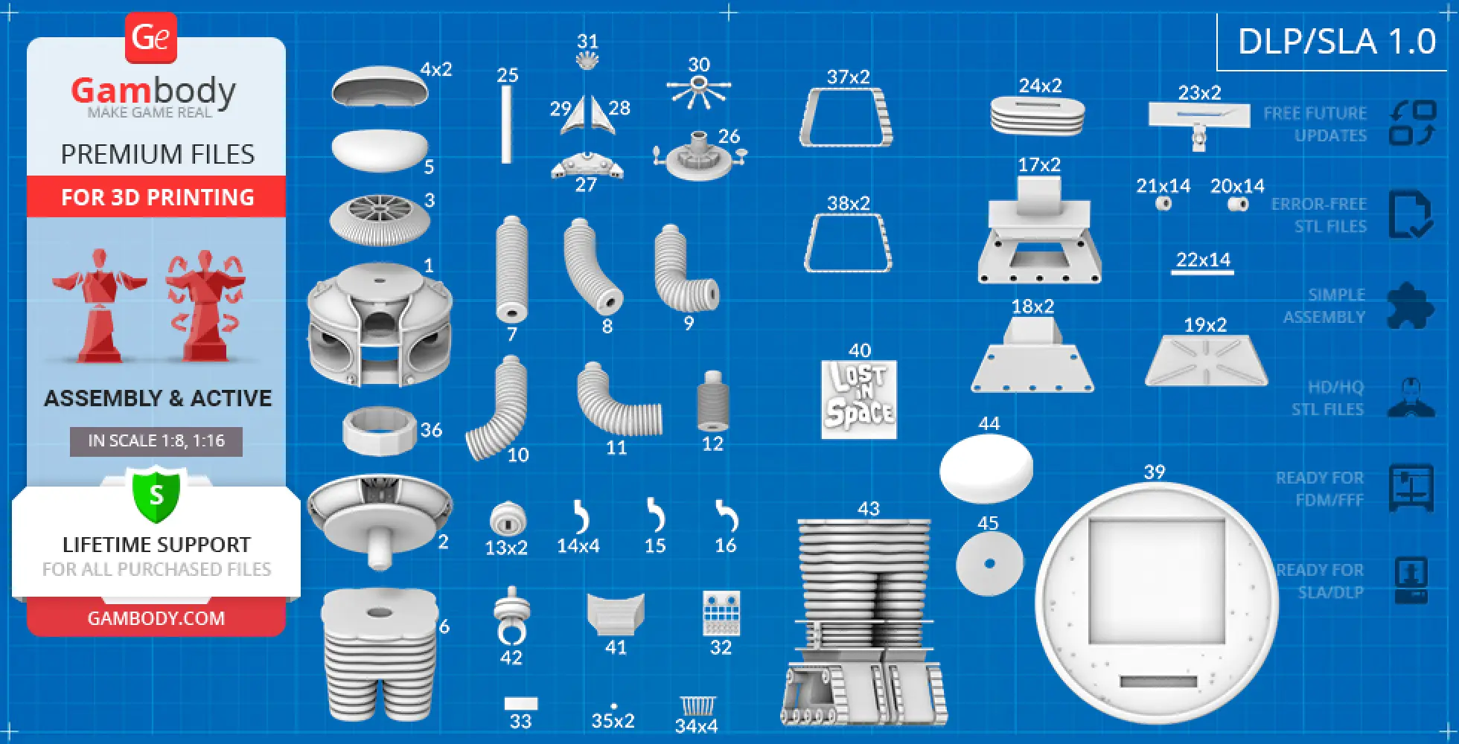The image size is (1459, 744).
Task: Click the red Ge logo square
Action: tap(150, 37)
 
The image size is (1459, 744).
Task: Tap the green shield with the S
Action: tap(156, 494)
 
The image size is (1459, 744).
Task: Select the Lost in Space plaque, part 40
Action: tap(858, 400)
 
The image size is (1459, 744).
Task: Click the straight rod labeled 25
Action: tap(506, 124)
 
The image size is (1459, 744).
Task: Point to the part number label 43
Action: tap(868, 509)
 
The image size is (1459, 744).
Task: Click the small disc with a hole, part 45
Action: tap(989, 563)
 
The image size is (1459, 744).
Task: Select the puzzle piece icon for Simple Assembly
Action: tap(1409, 306)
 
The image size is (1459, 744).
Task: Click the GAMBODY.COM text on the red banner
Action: tap(156, 618)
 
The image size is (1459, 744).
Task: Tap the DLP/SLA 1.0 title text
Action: tap(1336, 42)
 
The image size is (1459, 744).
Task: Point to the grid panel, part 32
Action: tap(721, 613)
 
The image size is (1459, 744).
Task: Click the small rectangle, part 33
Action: tap(520, 704)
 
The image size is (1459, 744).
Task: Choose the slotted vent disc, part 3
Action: tap(380, 219)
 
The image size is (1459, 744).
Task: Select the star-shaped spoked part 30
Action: tap(697, 92)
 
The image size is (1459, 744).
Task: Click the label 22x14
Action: tap(1203, 260)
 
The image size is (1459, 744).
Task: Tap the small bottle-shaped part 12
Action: tap(712, 402)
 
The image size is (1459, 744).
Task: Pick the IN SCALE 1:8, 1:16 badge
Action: tap(156, 440)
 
